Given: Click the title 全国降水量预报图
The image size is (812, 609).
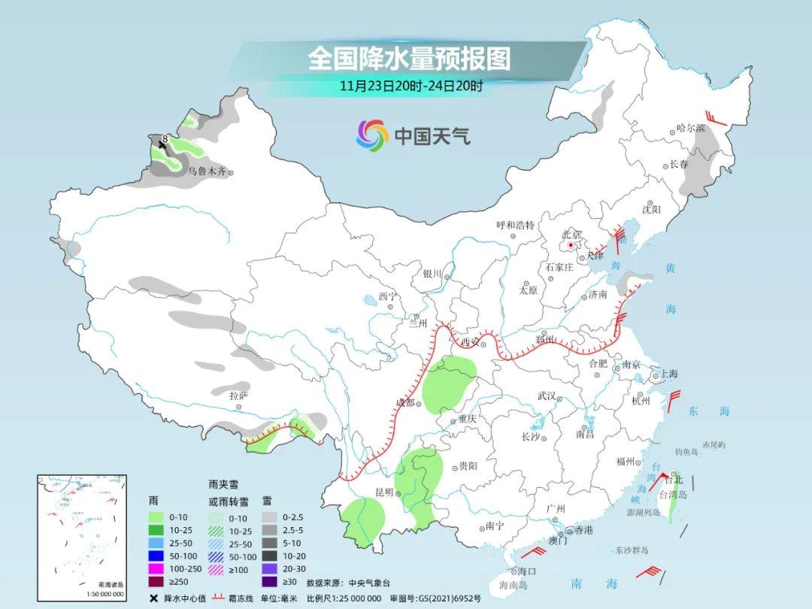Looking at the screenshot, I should point(409,59).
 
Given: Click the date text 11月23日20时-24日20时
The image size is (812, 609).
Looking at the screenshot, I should point(411,86).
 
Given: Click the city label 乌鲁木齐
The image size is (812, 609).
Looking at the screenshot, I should point(206,171).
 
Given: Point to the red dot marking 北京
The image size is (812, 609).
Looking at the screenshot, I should point(571,245).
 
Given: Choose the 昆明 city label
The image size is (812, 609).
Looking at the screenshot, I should point(385,492).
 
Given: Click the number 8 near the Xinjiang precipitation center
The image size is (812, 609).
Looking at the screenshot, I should point(165,138).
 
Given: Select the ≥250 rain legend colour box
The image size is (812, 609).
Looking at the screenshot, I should point(156,580).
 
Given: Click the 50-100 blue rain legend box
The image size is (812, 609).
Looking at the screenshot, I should point(156,555).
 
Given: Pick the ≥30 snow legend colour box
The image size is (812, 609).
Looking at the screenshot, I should point(269,580).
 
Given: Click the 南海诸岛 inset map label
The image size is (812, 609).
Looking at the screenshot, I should point(111,584).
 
